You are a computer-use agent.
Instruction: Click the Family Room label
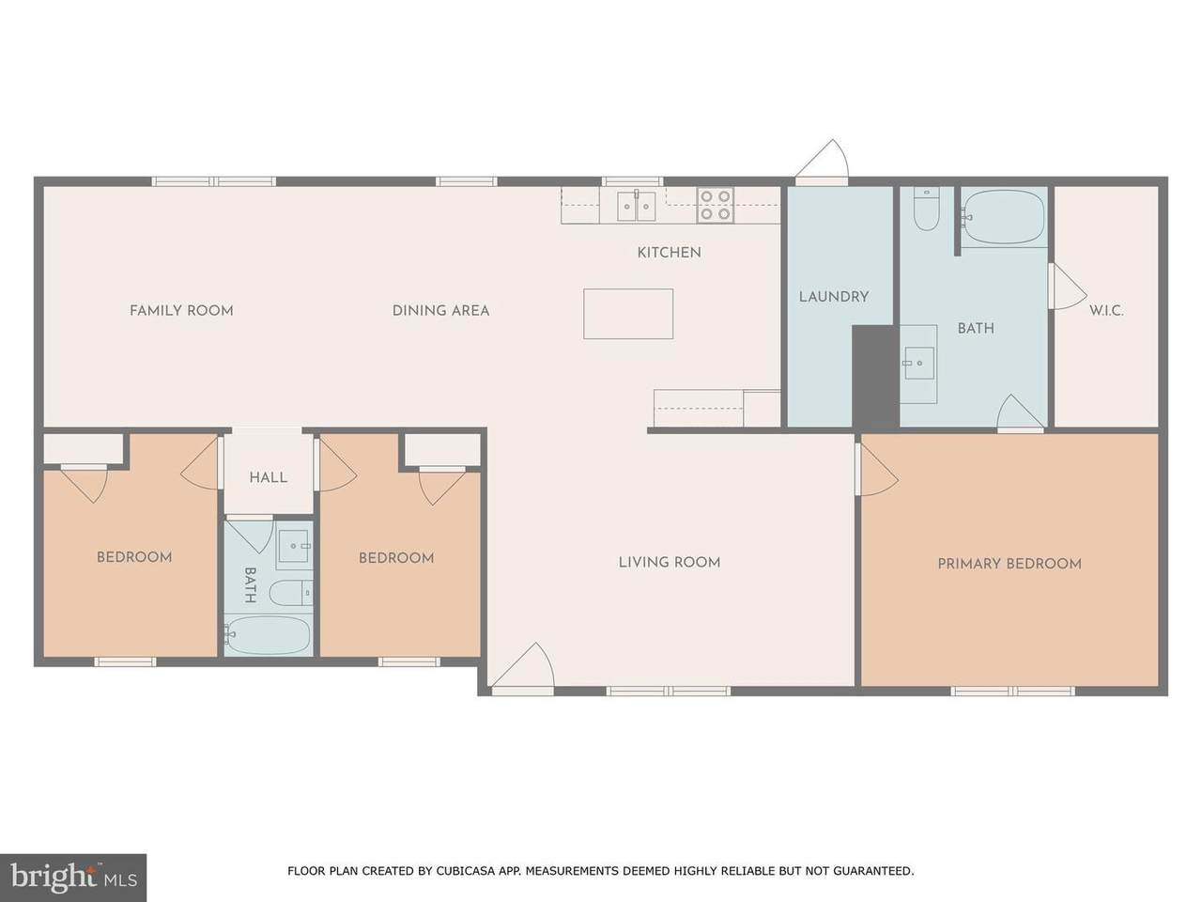point(181,310)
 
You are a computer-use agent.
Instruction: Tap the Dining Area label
point(440,310)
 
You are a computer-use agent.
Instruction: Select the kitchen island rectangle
point(628,314)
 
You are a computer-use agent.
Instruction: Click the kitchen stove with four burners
point(716,205)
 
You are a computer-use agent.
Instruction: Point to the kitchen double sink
point(637,206)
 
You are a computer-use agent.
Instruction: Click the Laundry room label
point(834,297)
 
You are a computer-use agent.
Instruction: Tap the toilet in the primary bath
point(927,210)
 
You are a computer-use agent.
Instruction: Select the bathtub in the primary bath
point(1004,216)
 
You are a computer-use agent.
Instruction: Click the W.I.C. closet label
point(1106,311)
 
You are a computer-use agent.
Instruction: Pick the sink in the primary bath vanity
point(919,363)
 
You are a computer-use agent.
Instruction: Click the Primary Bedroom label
point(1009,564)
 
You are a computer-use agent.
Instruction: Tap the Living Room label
point(670,562)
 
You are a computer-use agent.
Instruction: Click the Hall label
point(269,477)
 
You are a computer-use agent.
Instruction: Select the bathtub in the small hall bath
point(268,635)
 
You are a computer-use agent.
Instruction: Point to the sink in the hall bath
point(295,546)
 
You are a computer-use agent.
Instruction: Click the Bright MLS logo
point(73,878)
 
